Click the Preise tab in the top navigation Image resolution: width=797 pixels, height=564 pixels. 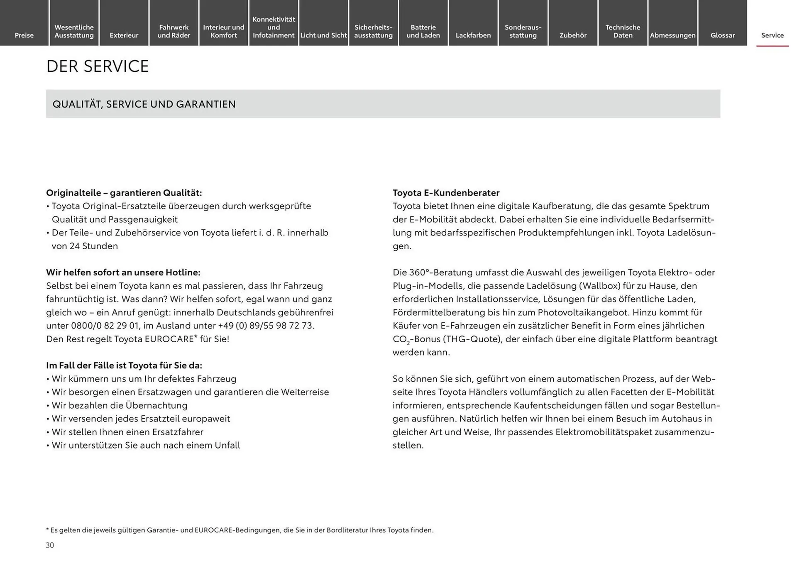click(x=24, y=35)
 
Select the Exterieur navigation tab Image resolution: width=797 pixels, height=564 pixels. click(x=124, y=35)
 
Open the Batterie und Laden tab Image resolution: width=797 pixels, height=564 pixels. click(x=423, y=31)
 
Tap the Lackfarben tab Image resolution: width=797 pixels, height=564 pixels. click(x=473, y=35)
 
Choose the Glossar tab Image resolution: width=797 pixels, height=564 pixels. click(x=722, y=35)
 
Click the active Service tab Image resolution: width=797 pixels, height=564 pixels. click(x=772, y=35)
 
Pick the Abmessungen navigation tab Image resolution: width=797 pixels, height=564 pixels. click(x=672, y=35)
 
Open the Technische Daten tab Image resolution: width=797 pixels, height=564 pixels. click(x=623, y=31)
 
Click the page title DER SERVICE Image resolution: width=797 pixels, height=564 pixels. click(x=98, y=66)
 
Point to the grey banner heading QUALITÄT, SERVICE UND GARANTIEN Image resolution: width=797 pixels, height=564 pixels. click(x=144, y=104)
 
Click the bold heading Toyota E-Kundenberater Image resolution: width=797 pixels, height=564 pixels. click(x=446, y=193)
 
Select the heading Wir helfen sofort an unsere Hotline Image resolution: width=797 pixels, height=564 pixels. click(x=123, y=272)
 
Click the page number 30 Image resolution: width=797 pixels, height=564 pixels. click(x=50, y=545)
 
